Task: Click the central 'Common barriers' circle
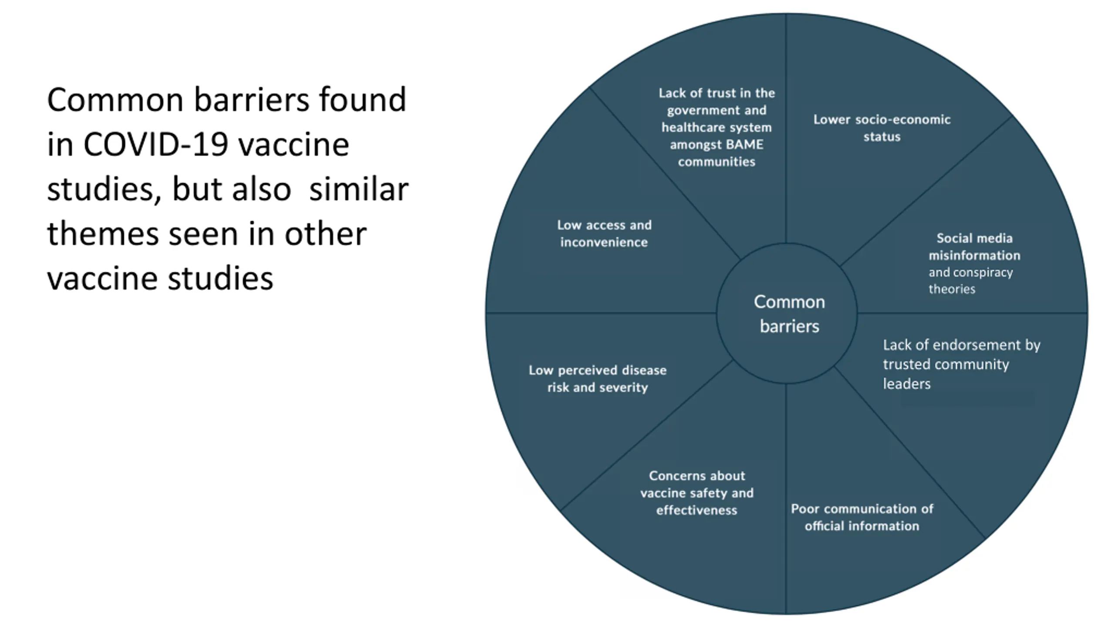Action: point(788,313)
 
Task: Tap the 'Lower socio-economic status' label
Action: point(882,128)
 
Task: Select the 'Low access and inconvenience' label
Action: point(604,233)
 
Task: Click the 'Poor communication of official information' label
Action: point(862,517)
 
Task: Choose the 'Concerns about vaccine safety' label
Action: point(697,492)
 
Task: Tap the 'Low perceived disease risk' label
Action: point(598,378)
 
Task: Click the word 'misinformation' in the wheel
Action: point(974,255)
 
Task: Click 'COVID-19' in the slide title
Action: point(155,145)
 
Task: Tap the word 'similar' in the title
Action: point(358,189)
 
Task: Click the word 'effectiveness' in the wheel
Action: point(696,510)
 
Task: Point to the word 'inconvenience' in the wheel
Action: point(604,242)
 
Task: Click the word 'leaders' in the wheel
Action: point(907,384)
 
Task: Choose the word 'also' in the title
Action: point(261,189)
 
